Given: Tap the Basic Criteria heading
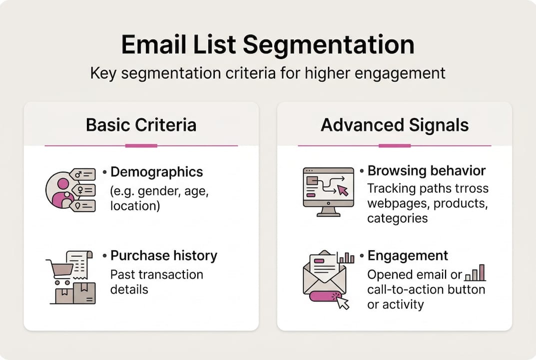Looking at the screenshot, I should tap(141, 124).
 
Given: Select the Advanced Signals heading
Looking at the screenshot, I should tap(395, 124).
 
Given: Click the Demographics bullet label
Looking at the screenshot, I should tap(156, 172).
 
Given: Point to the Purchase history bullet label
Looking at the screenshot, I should tap(163, 255).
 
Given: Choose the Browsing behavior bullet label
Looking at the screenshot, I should tap(426, 170).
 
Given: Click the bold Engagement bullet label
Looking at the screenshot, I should tap(408, 255).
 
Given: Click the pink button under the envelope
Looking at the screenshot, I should tap(325, 296).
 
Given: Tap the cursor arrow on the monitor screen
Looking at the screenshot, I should tap(343, 190).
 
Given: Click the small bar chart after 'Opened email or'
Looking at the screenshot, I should tap(475, 273).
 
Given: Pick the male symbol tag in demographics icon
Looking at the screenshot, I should tap(83, 174).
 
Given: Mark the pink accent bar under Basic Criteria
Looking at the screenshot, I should tap(141, 145).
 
